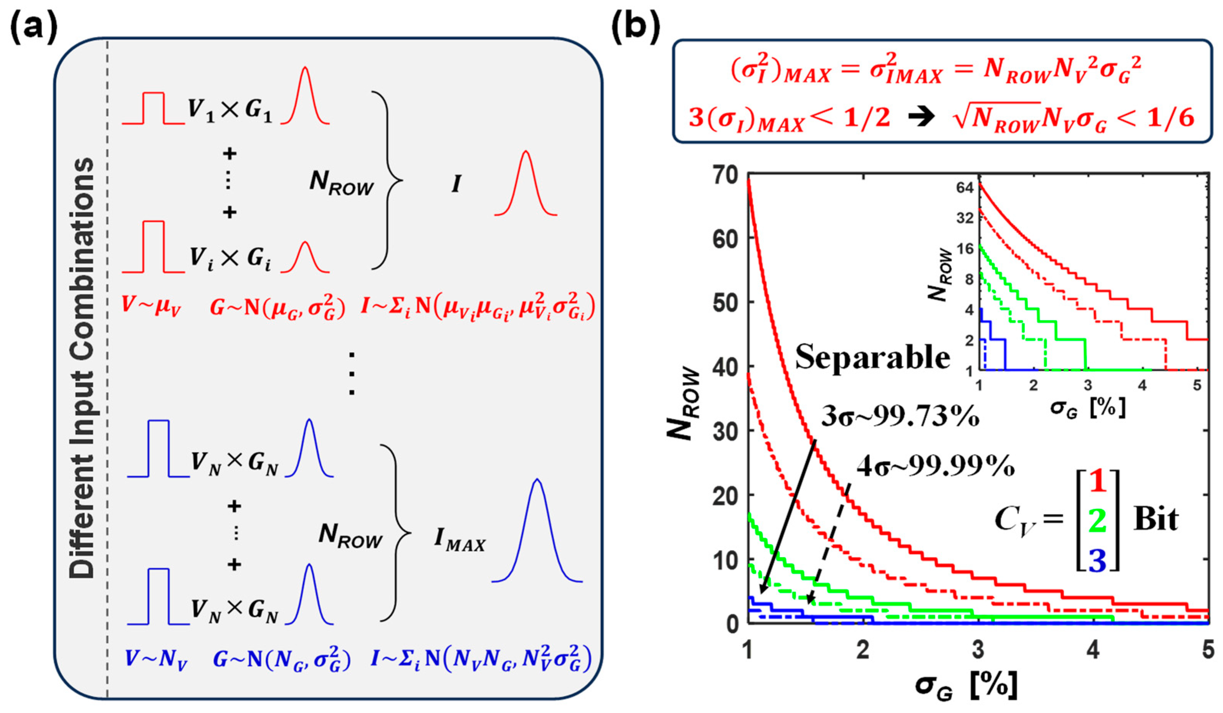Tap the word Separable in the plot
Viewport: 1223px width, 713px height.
(x=872, y=357)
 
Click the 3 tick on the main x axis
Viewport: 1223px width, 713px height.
(x=978, y=650)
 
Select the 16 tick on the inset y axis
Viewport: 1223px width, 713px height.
(x=965, y=249)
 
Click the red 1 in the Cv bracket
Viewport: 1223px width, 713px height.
(x=1097, y=482)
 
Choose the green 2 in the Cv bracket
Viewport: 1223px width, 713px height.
(x=1097, y=521)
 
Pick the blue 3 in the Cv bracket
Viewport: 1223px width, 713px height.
(x=1097, y=559)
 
